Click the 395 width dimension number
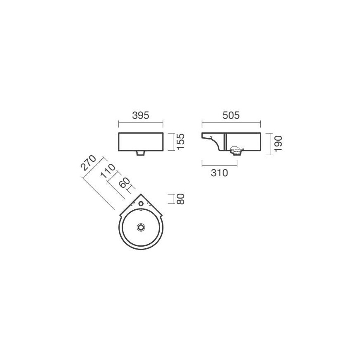[141, 115]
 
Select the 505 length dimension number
[231, 115]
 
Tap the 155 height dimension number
[181, 142]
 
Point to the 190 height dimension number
[278, 144]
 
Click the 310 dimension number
[219, 173]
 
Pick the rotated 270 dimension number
[89, 163]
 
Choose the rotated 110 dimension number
[108, 171]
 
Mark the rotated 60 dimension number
[125, 182]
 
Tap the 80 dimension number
[181, 199]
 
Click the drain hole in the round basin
[141, 227]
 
